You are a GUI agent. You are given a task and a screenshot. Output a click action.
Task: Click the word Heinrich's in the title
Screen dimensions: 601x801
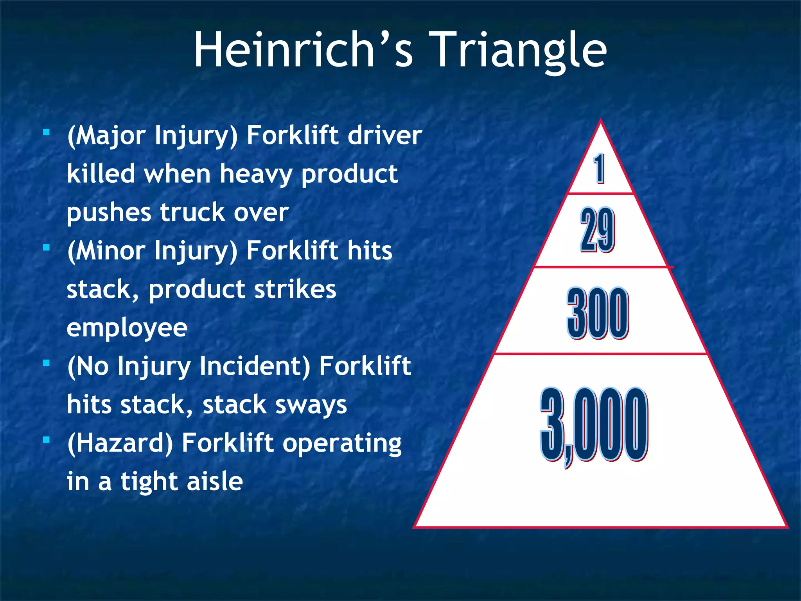coord(304,50)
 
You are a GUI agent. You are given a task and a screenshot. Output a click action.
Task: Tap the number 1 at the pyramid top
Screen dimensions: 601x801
coord(599,169)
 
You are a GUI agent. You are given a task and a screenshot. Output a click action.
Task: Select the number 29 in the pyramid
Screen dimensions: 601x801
coord(597,230)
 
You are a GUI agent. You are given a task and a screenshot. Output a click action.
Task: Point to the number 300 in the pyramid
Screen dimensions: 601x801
coord(598,313)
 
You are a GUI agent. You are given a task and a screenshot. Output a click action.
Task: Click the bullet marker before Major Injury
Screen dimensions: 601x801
coord(47,133)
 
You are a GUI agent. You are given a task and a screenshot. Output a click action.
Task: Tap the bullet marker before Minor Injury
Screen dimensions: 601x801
coord(47,248)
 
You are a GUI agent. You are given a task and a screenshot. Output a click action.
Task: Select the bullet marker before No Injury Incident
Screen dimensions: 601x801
coord(47,363)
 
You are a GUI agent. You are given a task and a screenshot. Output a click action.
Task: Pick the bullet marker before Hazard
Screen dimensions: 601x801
coord(47,440)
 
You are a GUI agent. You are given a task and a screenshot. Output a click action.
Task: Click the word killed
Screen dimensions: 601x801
coord(101,173)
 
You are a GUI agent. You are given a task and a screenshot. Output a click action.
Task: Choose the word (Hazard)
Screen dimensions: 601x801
coord(120,444)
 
